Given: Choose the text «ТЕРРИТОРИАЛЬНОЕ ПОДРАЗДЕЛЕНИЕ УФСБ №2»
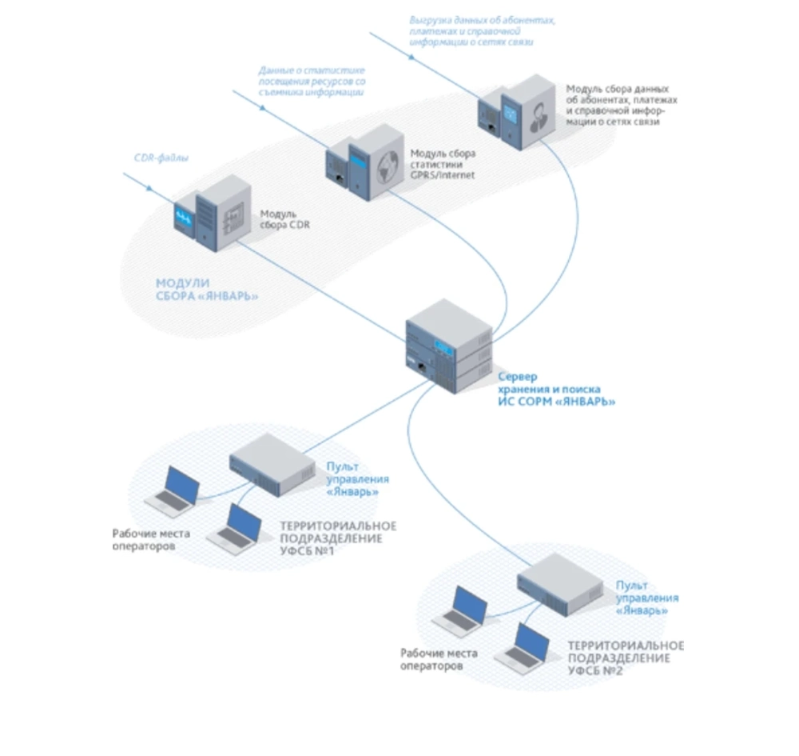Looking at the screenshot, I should click(x=625, y=658).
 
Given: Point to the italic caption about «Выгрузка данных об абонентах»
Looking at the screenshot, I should click(x=483, y=30).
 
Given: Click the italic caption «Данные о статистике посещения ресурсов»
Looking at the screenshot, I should click(x=312, y=82).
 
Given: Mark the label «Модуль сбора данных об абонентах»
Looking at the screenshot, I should click(x=621, y=105).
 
